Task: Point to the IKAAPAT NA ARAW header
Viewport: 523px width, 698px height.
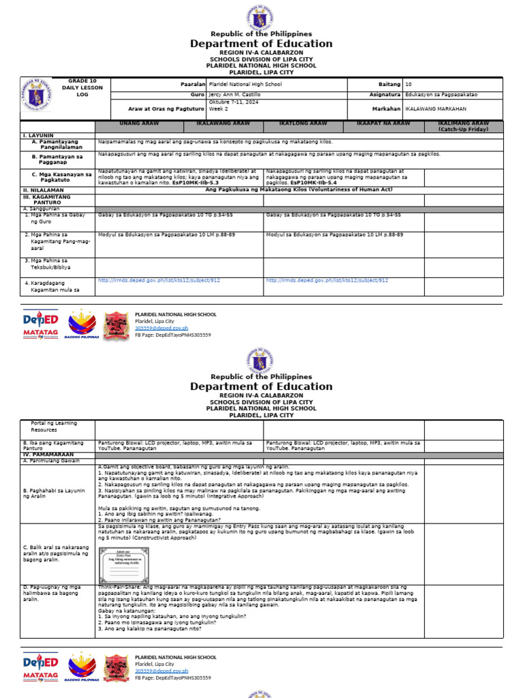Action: (x=383, y=123)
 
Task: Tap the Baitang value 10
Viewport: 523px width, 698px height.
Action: (x=409, y=84)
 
